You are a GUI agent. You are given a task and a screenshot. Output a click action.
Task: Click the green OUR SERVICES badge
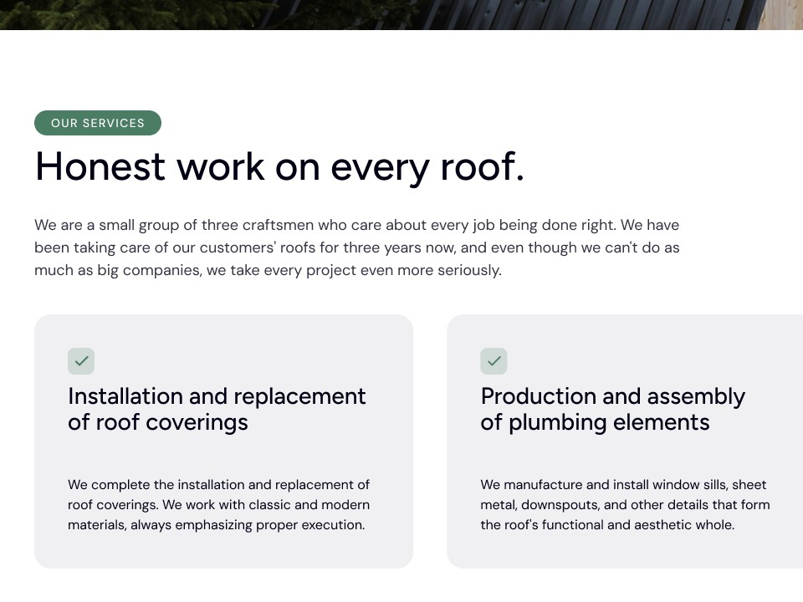[98, 123]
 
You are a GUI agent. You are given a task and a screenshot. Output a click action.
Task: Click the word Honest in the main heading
[100, 166]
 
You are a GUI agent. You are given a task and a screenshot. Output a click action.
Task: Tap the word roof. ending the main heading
[482, 166]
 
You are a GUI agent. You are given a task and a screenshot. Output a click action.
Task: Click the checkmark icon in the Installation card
[81, 361]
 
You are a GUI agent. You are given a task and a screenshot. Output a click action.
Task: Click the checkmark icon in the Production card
[494, 361]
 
